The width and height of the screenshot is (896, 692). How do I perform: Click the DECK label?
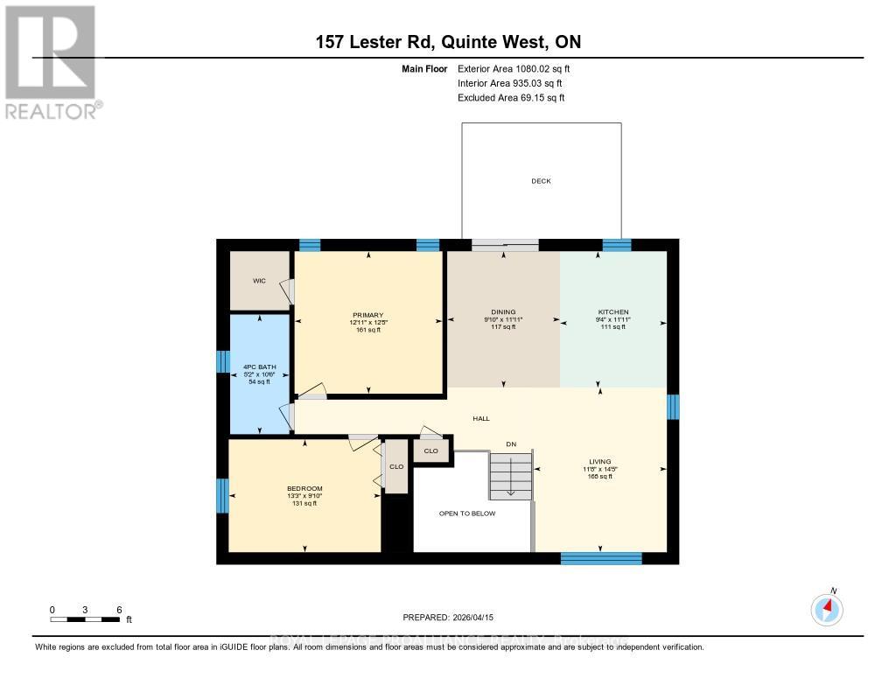542,181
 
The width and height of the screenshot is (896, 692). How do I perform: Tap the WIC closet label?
259,281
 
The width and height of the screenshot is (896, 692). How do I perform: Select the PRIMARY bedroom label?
368,315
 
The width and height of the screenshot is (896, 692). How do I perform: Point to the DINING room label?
503,312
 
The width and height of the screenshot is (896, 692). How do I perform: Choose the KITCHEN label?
612,312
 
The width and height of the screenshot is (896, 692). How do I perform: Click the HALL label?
481,419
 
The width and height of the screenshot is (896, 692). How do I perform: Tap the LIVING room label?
599,461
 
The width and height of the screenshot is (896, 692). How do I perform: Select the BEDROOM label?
304,488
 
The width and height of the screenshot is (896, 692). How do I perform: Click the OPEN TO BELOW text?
467,514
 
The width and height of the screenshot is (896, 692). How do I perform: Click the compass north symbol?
827,607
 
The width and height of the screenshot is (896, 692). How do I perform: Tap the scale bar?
85,619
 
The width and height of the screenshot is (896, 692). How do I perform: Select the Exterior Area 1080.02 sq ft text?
514,68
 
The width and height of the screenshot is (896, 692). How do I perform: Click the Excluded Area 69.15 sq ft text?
511,98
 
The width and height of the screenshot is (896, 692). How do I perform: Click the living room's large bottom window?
600,558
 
